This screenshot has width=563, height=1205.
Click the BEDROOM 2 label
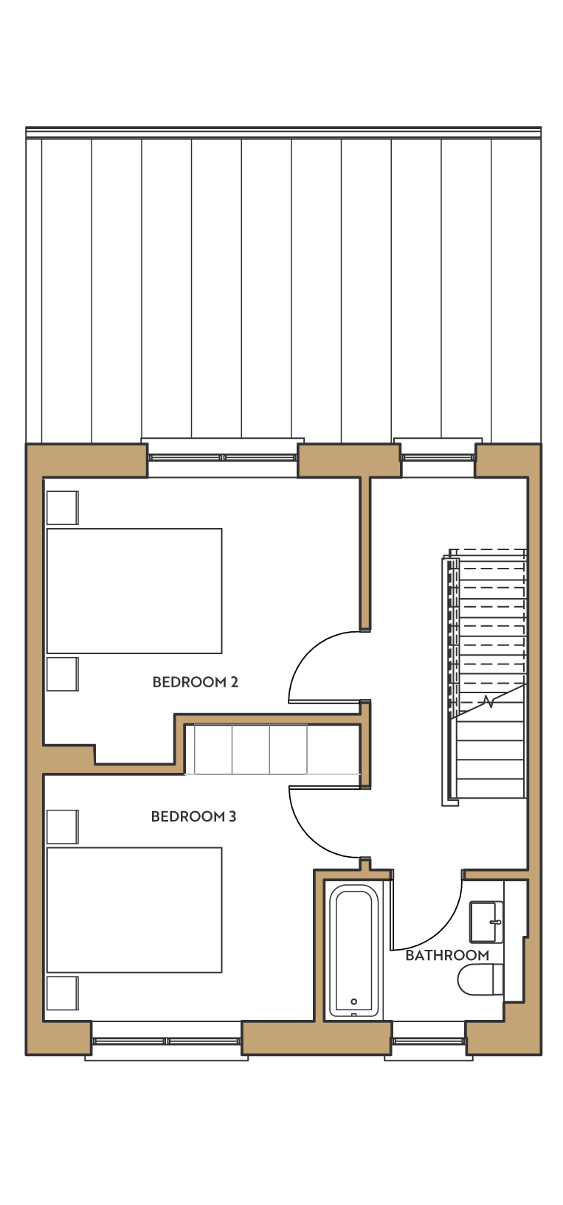click(196, 682)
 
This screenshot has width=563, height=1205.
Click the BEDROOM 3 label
click(194, 816)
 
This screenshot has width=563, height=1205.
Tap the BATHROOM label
click(447, 956)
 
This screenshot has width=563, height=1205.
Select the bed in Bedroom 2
click(134, 591)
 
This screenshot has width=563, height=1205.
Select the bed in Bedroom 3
click(134, 910)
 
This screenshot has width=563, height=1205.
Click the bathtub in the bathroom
click(353, 951)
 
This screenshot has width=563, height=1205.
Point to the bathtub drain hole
click(353, 1001)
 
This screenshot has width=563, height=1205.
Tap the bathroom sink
click(486, 922)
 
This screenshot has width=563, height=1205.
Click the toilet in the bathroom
click(480, 979)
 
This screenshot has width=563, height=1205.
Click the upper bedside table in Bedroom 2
click(63, 507)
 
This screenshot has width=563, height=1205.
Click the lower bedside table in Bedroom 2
click(63, 674)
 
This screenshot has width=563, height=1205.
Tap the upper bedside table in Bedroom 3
click(63, 827)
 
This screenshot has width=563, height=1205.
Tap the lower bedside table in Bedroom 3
click(63, 993)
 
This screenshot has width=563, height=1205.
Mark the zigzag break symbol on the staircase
click(488, 701)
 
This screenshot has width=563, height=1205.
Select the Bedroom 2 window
click(223, 457)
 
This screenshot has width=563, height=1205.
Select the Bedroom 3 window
click(166, 1041)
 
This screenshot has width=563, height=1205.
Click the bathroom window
click(429, 1041)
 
